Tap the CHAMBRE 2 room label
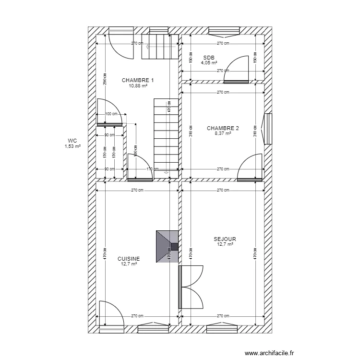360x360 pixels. tap(223, 128)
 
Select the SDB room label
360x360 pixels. tap(209, 57)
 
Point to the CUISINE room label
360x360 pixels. tap(129, 258)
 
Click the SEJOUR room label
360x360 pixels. tap(225, 239)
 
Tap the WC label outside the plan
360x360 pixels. tap(72, 141)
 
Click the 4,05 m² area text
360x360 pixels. tap(209, 62)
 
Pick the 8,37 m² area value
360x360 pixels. tap(223, 133)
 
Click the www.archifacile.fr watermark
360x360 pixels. tap(269, 353)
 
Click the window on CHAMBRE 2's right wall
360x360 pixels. tap(268, 128)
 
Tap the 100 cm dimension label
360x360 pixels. tap(111, 114)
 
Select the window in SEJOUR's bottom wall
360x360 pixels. tap(222, 329)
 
